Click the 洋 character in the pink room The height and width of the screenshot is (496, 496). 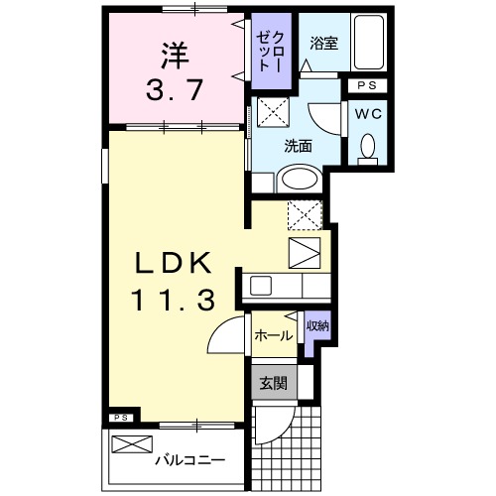pyautogui.click(x=170, y=51)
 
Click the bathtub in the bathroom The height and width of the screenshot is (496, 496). pyautogui.click(x=371, y=46)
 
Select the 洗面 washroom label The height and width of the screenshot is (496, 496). pyautogui.click(x=298, y=145)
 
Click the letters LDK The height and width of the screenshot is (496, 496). pyautogui.click(x=172, y=263)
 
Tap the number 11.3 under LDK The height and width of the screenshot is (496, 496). pyautogui.click(x=174, y=299)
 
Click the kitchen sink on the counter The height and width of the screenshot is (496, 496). pyautogui.click(x=261, y=286)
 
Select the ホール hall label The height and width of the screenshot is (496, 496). pyautogui.click(x=272, y=336)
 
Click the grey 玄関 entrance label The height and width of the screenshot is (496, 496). pyautogui.click(x=272, y=382)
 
